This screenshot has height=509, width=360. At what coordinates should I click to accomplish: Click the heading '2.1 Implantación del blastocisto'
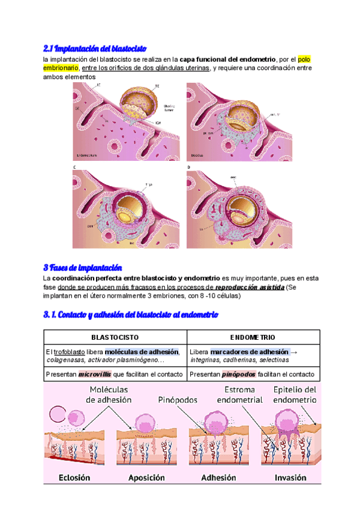coord(95,48)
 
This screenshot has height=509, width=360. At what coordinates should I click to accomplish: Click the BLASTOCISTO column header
coord(115,337)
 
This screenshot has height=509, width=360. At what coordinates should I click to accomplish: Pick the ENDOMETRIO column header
coord(253,337)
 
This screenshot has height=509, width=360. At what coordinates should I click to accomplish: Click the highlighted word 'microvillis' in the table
coord(95,374)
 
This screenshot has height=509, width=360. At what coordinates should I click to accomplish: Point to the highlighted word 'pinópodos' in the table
coord(238,374)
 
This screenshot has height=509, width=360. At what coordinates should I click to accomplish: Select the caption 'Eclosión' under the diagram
coord(75,478)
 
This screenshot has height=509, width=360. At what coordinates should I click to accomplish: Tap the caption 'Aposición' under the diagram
coord(146,478)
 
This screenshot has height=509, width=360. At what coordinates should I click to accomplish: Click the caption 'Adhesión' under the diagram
coord(218,478)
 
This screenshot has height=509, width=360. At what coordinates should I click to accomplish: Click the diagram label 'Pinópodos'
coord(178,399)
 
